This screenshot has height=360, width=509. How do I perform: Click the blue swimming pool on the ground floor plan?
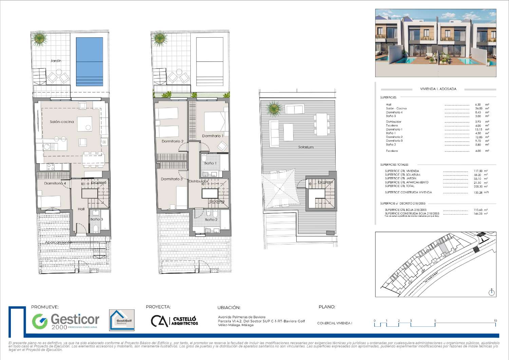[90, 61]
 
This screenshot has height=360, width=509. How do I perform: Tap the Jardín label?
[56, 61]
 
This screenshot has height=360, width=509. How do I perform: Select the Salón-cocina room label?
[62, 122]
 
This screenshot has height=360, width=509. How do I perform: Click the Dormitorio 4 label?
[55, 183]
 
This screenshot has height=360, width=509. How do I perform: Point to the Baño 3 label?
[96, 219]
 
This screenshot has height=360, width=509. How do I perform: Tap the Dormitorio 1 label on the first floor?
[213, 136]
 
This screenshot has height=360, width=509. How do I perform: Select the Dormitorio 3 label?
[172, 179]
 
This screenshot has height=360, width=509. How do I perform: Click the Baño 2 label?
[211, 220]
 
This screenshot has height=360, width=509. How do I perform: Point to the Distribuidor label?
[198, 182]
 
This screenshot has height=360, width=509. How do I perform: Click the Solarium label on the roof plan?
[306, 147]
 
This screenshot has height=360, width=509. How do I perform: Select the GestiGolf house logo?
[122, 320]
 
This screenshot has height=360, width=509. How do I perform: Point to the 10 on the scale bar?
[495, 321]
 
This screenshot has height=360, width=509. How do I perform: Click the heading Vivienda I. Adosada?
[438, 89]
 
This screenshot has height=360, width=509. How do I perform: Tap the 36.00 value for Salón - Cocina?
[478, 108]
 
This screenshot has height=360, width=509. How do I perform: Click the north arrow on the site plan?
[492, 292]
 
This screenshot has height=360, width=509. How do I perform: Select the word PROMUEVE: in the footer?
[44, 307]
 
